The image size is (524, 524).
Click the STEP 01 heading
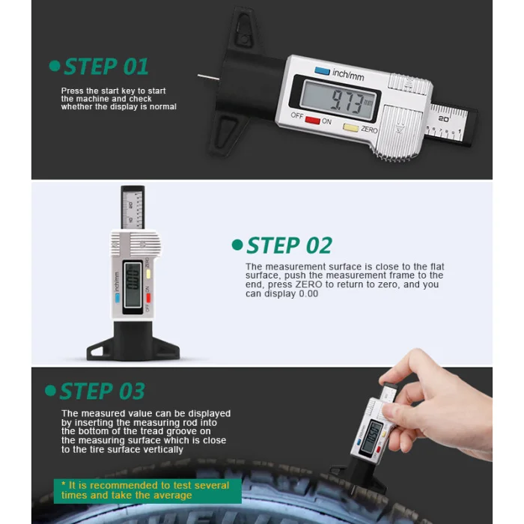coord(106,67)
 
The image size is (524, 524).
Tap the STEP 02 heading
coord(289,246)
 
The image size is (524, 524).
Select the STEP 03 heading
coord(102,391)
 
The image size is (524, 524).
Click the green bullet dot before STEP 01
coord(55,66)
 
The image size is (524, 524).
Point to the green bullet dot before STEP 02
coord(237,245)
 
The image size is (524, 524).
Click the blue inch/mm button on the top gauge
coord(322,71)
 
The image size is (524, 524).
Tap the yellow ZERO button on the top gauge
coord(351,127)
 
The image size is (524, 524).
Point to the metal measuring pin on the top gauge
coord(208,78)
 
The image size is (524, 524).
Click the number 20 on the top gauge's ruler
coord(443,118)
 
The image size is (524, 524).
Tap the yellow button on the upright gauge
coord(148,274)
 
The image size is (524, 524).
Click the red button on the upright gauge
coord(148,298)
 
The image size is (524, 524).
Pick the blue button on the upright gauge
coord(118,298)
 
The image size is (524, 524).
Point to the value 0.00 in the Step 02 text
coord(308,293)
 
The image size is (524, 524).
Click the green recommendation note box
coord(147,490)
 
